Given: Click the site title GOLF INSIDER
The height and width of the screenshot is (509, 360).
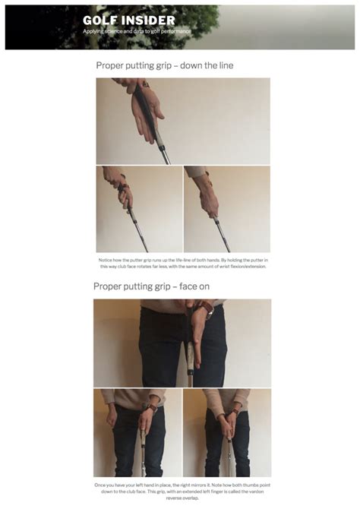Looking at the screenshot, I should click(x=129, y=21).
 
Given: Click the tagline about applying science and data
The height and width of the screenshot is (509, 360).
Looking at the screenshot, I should click(x=137, y=31).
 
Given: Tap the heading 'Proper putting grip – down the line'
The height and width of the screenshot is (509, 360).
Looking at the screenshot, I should click(x=164, y=65).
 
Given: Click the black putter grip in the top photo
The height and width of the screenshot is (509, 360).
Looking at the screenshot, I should click(x=150, y=114).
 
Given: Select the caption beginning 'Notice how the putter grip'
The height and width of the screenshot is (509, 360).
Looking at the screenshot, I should click(x=182, y=263).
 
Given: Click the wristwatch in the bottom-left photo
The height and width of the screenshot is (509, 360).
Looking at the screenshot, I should click(x=153, y=408).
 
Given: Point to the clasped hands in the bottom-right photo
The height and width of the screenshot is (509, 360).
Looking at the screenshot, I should click(x=229, y=421).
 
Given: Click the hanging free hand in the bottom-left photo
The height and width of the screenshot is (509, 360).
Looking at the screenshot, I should click(x=112, y=419).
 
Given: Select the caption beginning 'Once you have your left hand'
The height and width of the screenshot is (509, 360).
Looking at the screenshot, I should click(x=182, y=490).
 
